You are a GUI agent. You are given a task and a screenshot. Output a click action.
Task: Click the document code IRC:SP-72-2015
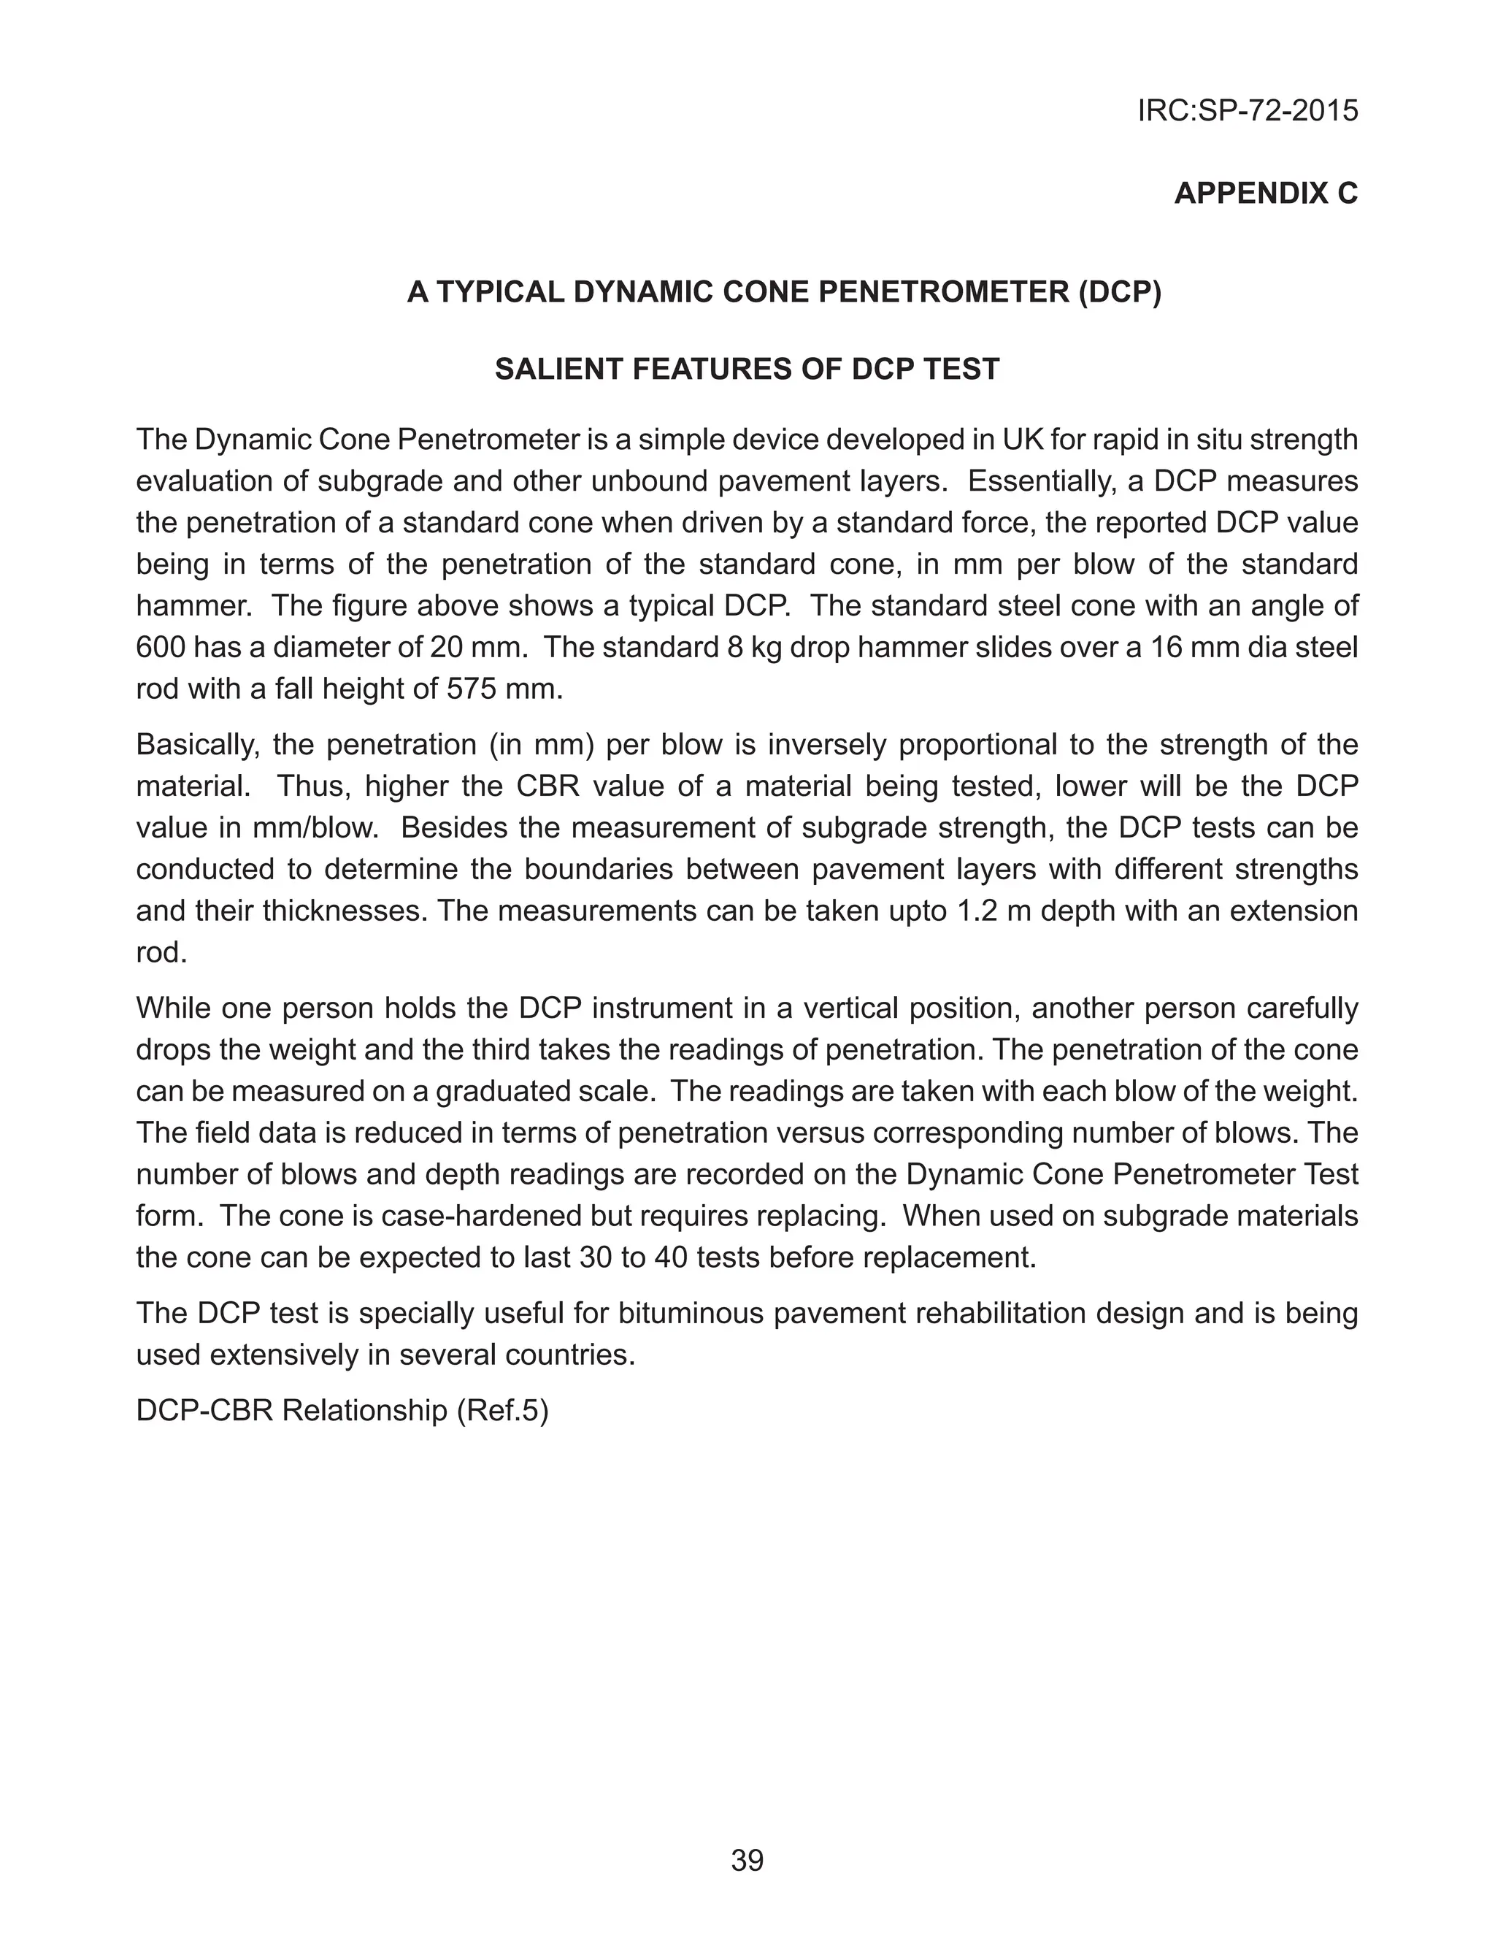(x=1247, y=111)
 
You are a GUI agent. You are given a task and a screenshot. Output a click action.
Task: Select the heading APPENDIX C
(x=1265, y=193)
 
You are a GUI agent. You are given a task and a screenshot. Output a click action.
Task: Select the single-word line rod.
(x=161, y=953)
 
